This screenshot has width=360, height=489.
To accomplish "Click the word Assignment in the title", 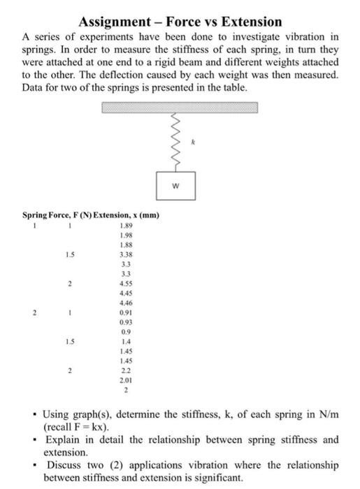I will coord(115,22).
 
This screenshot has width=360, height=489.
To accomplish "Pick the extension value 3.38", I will coord(127,256).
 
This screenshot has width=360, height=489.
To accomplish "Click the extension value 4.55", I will coord(127,285).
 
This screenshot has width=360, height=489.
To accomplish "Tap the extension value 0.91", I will coord(127,314).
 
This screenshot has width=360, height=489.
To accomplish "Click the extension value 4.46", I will coord(127,305).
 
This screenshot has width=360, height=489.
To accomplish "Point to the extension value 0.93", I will coord(127,324).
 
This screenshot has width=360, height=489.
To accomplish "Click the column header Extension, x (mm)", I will coord(129,215).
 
